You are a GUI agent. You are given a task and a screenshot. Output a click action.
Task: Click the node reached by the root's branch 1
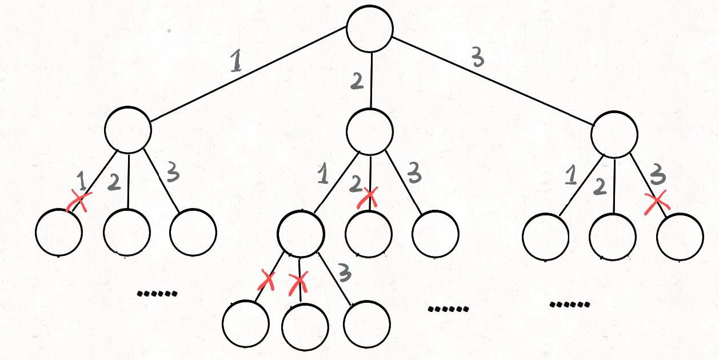[x=128, y=129]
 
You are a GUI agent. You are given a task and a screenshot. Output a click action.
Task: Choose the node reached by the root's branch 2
[x=370, y=130]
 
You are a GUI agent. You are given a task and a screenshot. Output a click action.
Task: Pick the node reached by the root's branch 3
[x=614, y=134]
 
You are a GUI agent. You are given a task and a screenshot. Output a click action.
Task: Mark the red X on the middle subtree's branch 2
[x=369, y=198]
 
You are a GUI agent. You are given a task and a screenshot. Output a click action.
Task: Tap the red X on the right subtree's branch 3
[x=657, y=202]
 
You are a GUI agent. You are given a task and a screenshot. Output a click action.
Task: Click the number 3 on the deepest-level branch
[x=345, y=274]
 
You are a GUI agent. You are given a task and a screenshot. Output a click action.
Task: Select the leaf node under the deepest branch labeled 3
[x=368, y=324]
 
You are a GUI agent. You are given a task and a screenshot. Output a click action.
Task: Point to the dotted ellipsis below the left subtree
[x=157, y=294]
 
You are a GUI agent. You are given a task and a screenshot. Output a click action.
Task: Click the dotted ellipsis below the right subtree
[x=569, y=304]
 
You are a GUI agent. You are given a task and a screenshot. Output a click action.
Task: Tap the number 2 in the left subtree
[x=113, y=182]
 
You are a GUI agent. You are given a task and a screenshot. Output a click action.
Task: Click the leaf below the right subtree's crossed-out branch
[x=680, y=236]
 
